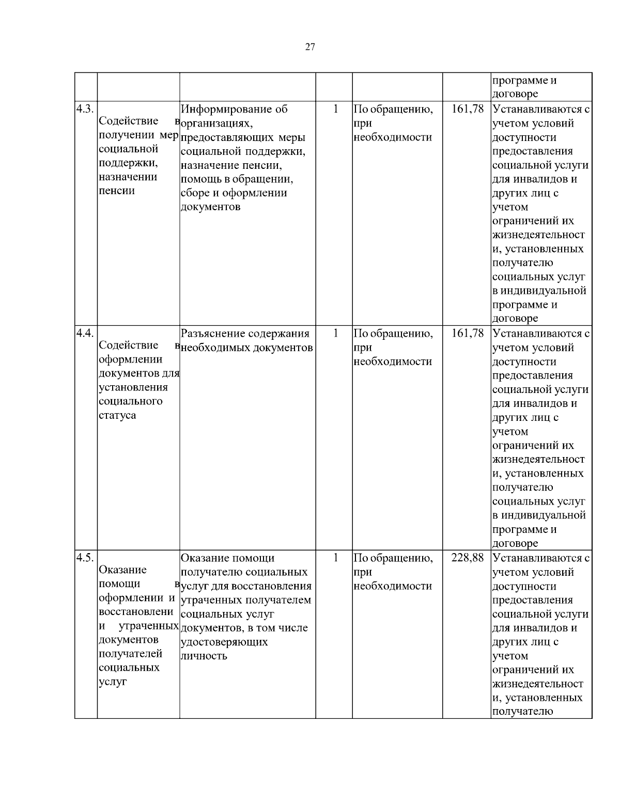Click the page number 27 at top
coord(310,48)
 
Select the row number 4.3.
coord(85,109)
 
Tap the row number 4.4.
coord(85,334)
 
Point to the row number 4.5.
coord(85,558)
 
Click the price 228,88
coord(467,558)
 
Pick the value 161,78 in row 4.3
coord(467,109)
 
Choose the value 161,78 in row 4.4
coord(467,334)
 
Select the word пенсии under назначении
coord(117,191)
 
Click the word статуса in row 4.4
coord(117,416)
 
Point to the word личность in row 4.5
coord(204,656)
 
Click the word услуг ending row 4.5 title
coord(113,682)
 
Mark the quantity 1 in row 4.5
coord(335,558)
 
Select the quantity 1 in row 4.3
coord(335,109)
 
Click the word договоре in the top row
coord(515,94)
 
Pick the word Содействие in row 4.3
coord(128,121)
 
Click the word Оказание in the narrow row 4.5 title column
coord(122,570)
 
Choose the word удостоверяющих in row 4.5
coord(224,642)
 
